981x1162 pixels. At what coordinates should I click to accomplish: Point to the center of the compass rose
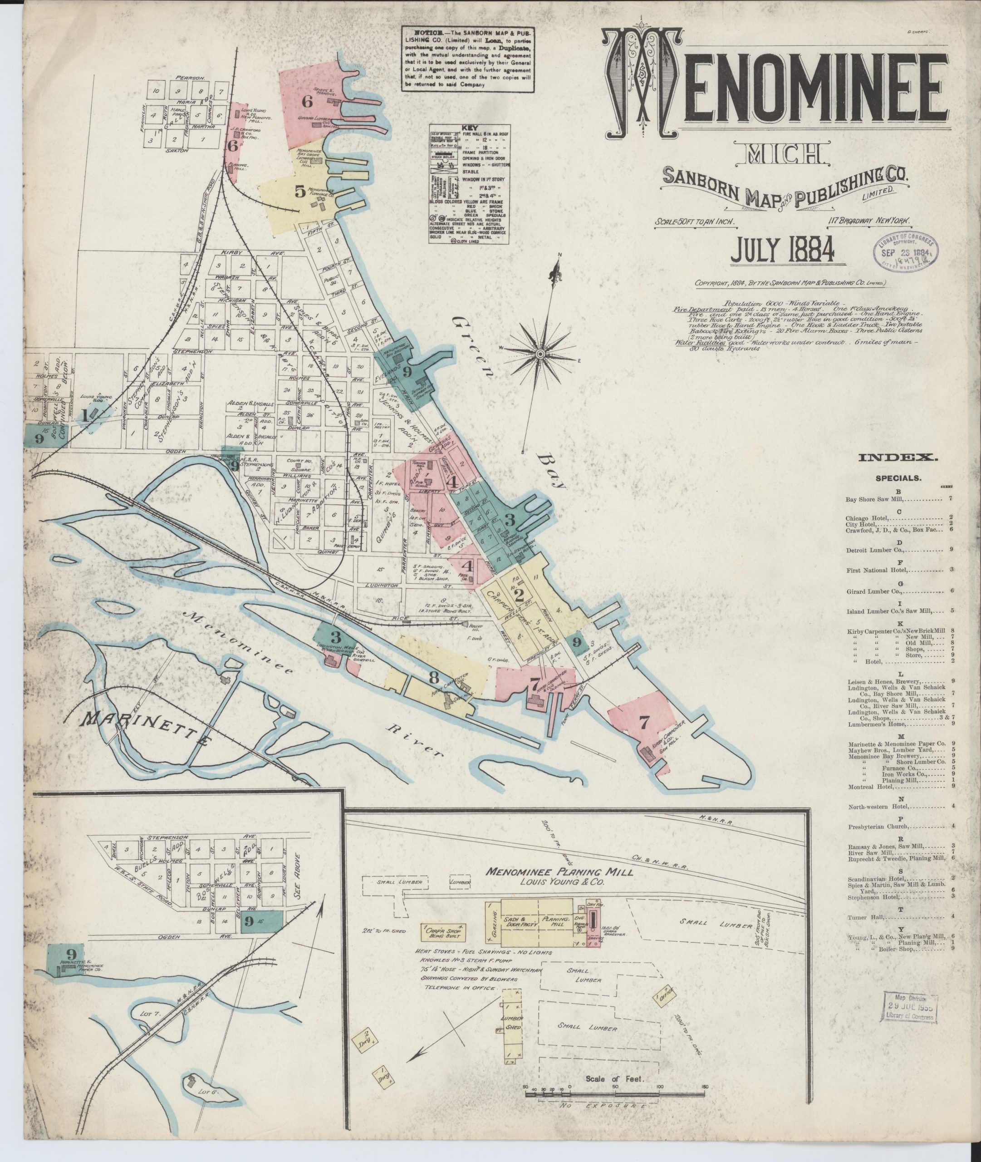click(x=540, y=353)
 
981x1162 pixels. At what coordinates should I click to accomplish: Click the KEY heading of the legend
click(x=469, y=128)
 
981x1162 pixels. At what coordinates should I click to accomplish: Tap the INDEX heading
click(x=898, y=458)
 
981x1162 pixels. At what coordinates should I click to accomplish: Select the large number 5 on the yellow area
click(x=300, y=192)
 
